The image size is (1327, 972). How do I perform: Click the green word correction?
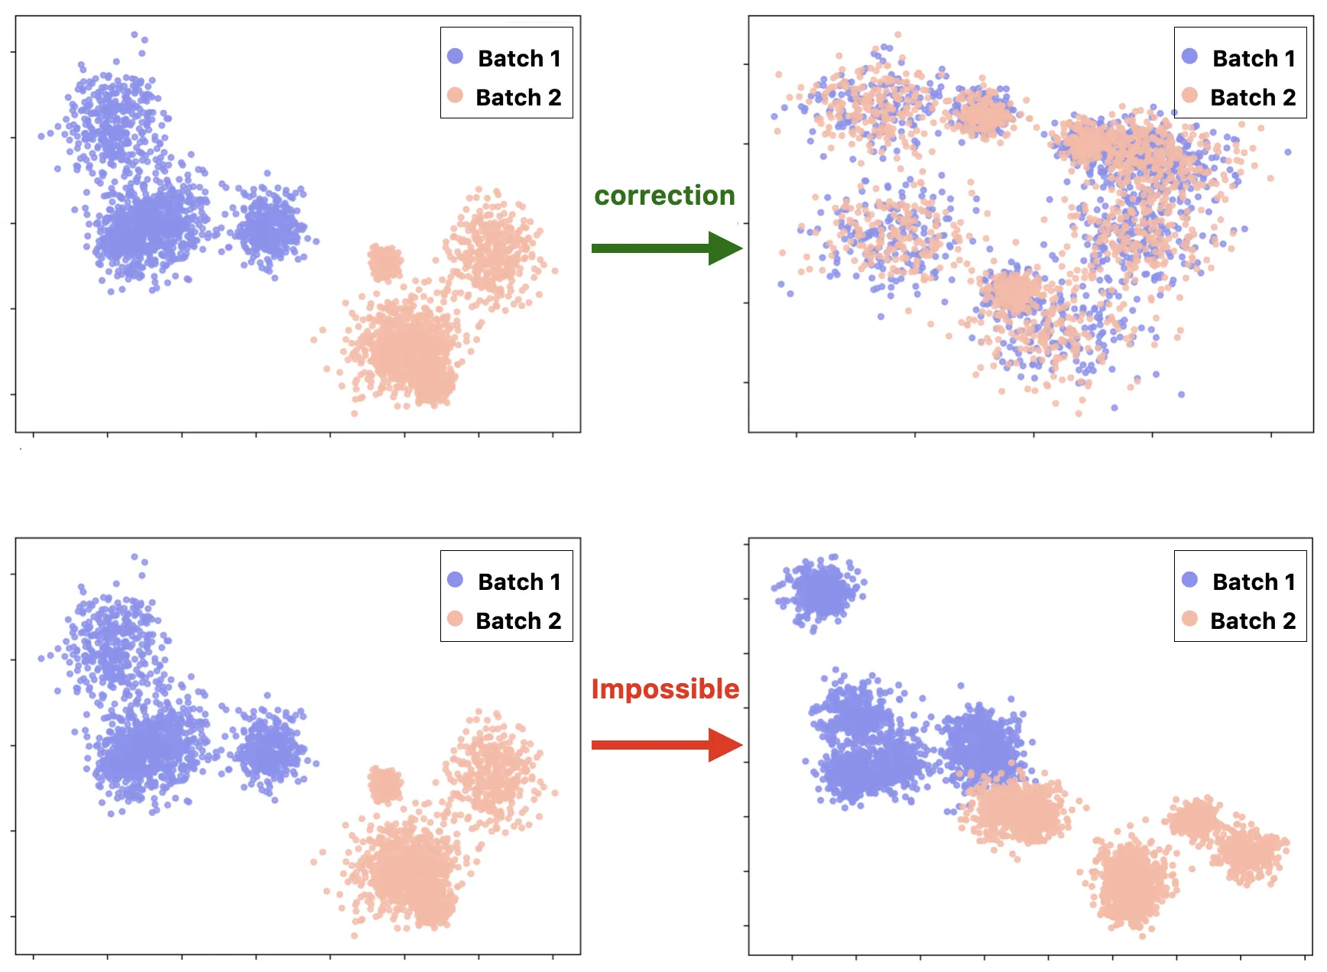(664, 196)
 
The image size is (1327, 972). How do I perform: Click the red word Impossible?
(665, 689)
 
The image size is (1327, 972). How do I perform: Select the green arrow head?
(725, 248)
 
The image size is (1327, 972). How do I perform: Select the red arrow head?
(725, 745)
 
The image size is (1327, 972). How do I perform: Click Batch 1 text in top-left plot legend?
(519, 58)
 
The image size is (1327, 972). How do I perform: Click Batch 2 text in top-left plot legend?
(518, 97)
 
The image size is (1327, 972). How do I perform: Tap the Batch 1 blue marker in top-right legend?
(1189, 56)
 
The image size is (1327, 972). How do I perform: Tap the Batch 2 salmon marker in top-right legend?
(1189, 95)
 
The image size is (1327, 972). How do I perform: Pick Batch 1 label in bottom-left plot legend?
(519, 582)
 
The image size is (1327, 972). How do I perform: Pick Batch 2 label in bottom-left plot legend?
(518, 620)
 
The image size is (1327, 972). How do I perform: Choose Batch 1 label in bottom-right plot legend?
(1254, 582)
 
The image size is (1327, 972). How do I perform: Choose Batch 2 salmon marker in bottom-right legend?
(1189, 618)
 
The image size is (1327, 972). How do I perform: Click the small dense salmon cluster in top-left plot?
(385, 262)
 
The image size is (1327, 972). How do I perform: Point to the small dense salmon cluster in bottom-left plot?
(385, 785)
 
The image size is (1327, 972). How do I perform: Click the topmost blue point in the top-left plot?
(135, 34)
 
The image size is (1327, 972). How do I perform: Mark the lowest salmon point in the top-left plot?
(354, 413)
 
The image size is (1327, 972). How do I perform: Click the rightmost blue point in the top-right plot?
(1288, 152)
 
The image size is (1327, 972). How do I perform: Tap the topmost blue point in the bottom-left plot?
(135, 557)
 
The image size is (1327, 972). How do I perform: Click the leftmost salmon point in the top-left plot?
(313, 340)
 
